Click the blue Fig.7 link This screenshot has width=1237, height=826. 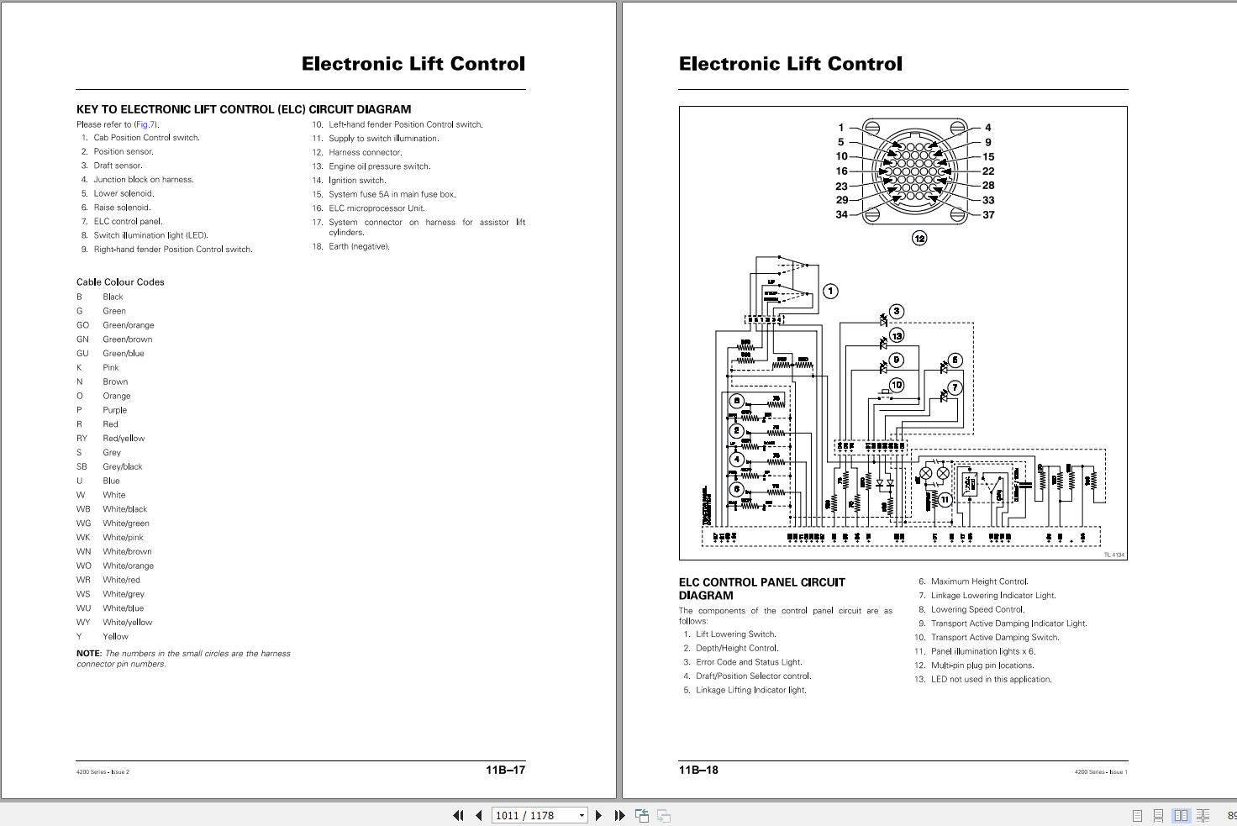pos(146,124)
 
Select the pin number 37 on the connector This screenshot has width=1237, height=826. pos(988,214)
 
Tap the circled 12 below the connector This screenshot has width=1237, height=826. pos(919,238)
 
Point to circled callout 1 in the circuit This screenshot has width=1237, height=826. pos(830,291)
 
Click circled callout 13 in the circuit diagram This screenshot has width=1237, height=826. pos(897,336)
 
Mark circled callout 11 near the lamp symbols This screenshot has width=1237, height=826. pos(945,499)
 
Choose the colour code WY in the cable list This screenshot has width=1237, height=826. pos(83,623)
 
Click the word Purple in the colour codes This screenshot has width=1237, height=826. pos(115,410)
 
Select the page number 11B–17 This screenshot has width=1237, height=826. pos(505,770)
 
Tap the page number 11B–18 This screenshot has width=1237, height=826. pos(698,770)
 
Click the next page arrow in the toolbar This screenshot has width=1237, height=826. pos(598,815)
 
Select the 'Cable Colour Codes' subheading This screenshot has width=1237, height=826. pos(120,282)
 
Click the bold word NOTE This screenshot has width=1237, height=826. pos(88,653)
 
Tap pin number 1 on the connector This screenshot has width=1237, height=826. pos(840,128)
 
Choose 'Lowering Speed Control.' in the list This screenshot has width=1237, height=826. pos(977,609)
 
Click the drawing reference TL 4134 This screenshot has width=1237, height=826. pos(1114,555)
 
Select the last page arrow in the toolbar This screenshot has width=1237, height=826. pos(620,815)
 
